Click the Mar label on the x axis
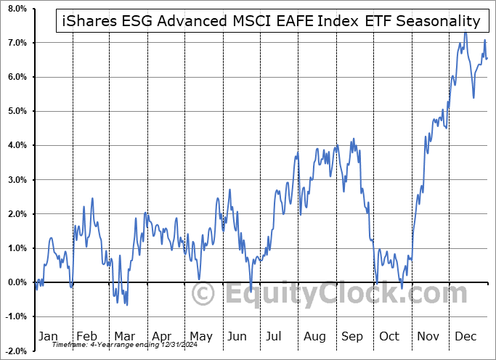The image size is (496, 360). [x=125, y=337]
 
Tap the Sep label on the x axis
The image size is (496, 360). [x=352, y=337]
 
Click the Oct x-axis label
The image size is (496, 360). [x=391, y=337]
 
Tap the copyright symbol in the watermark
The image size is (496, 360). [x=203, y=294]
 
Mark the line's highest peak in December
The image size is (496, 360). [x=465, y=31]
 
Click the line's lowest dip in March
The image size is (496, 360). [x=127, y=304]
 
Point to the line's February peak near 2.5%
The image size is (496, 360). [x=92, y=198]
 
